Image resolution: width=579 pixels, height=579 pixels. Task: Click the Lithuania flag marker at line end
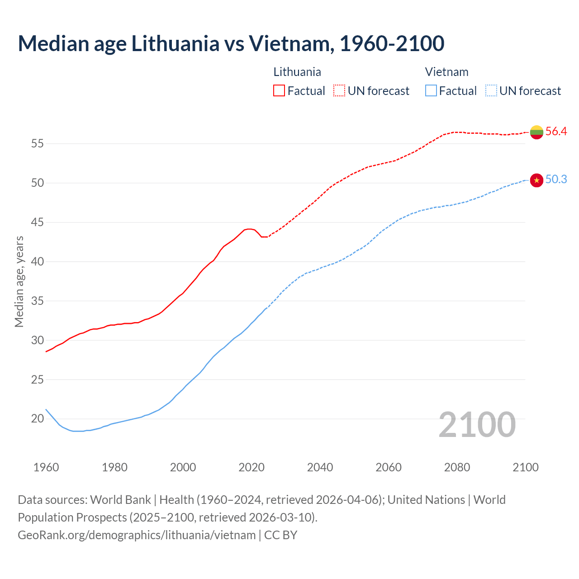536,132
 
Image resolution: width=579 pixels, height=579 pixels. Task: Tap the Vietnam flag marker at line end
536,180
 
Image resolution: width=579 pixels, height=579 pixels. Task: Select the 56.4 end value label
556,132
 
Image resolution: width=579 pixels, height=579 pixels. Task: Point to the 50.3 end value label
556,180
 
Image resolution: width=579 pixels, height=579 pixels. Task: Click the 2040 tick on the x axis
320,467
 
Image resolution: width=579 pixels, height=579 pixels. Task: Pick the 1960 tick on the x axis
46,467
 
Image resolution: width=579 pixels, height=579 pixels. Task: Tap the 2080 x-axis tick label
457,467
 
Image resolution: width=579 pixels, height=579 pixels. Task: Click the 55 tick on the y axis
37,144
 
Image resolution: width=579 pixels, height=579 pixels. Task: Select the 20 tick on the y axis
37,419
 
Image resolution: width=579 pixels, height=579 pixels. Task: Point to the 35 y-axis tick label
37,301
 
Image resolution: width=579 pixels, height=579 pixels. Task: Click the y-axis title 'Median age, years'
19,281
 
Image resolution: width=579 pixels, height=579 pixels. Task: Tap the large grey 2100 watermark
477,425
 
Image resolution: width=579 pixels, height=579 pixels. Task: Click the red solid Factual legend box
279,91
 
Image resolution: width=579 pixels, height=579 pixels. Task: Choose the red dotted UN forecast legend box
339,91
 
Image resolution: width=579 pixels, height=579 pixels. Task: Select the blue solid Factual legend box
431,91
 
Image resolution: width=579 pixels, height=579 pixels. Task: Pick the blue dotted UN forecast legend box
491,91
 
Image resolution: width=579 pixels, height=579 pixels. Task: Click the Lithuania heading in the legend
297,72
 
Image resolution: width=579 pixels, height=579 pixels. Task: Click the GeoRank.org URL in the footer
137,535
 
